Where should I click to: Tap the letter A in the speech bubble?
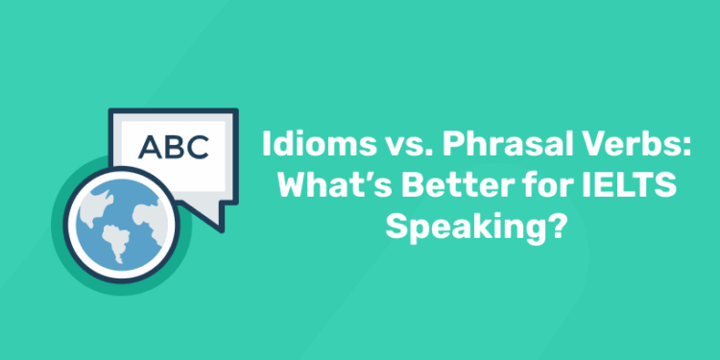point(150,147)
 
